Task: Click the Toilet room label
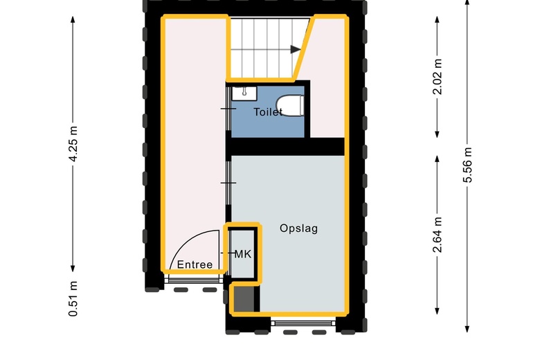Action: click(x=268, y=111)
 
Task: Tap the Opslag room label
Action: click(x=298, y=228)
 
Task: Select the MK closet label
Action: click(x=242, y=254)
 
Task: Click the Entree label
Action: click(x=195, y=264)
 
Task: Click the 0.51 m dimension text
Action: click(x=73, y=298)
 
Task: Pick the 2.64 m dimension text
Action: click(x=437, y=235)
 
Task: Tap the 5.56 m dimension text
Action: click(x=468, y=166)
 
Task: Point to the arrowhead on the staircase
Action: click(x=296, y=49)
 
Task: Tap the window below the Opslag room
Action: click(x=303, y=323)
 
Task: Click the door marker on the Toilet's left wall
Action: click(x=228, y=109)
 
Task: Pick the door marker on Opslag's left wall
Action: click(x=228, y=183)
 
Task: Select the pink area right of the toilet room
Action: click(x=327, y=111)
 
